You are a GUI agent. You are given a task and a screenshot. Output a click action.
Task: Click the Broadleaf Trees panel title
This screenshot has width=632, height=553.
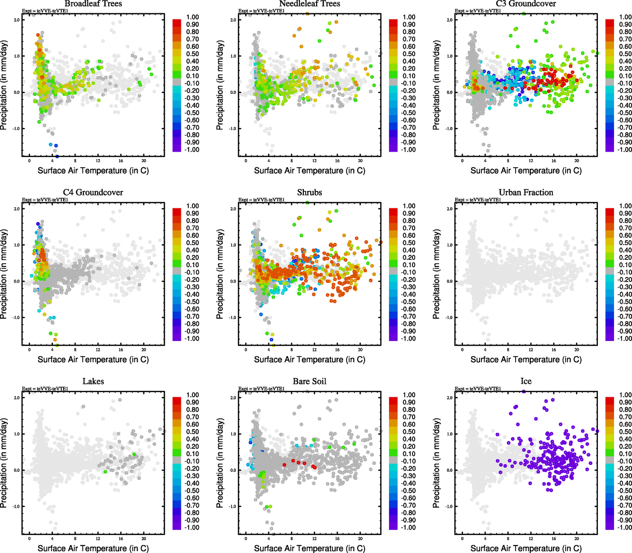tap(93, 4)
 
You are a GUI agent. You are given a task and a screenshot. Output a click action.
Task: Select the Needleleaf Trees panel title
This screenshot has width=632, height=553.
tap(309, 4)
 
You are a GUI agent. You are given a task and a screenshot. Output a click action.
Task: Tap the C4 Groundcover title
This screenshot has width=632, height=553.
tap(93, 193)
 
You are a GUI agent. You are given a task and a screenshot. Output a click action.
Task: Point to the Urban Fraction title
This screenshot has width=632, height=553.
tap(526, 193)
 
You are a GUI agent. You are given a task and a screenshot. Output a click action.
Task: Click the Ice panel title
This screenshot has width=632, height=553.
tap(526, 382)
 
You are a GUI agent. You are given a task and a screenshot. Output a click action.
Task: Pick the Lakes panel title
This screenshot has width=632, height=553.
tap(93, 382)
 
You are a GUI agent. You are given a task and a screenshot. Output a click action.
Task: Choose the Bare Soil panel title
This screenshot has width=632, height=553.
tap(309, 382)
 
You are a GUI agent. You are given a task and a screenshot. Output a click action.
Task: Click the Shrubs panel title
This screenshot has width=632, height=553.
tap(309, 193)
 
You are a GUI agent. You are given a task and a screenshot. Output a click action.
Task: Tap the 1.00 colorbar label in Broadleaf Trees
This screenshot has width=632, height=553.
tap(192, 17)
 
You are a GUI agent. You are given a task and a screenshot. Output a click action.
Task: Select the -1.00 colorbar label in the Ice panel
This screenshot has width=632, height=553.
tap(625, 527)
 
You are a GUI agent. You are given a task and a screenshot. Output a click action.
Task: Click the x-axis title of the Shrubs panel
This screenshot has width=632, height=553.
tap(309, 359)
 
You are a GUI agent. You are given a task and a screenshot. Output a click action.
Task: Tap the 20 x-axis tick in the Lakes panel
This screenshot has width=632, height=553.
tap(144, 538)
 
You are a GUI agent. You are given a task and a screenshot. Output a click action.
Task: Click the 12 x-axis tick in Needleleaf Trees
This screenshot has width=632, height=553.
tap(314, 160)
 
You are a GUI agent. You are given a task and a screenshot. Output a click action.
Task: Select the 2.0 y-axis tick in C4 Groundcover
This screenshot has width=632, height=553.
tap(17, 209)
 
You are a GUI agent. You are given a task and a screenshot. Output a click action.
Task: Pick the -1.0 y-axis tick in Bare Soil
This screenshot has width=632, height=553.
tap(232, 506)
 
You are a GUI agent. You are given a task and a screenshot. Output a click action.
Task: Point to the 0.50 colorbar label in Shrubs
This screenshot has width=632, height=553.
tap(409, 243)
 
